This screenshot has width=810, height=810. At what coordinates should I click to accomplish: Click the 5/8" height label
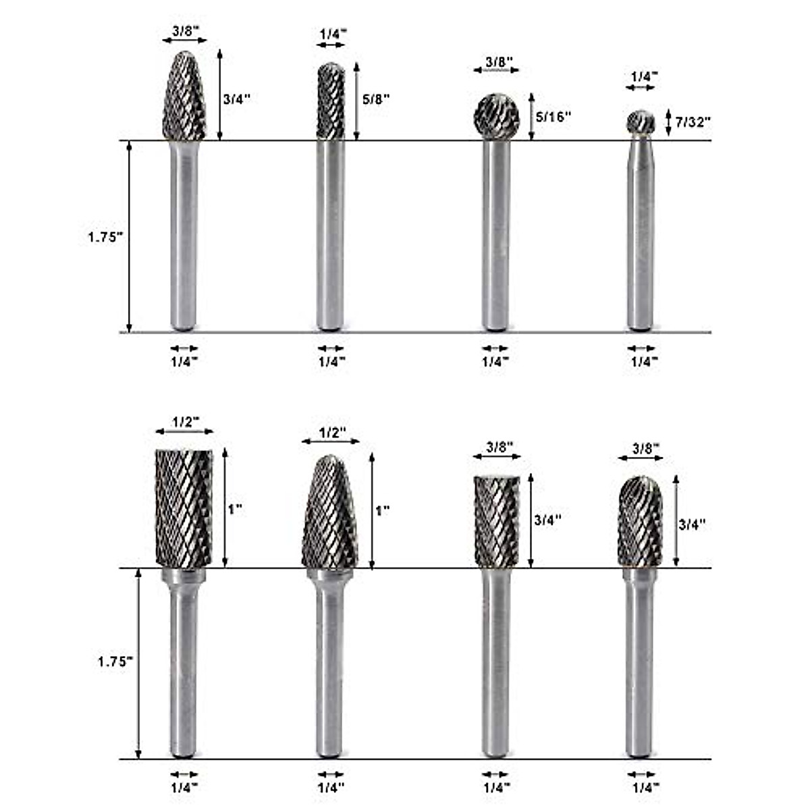click(376, 99)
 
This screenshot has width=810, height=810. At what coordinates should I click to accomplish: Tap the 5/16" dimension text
click(553, 116)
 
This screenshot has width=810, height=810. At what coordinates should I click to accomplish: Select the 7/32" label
click(693, 122)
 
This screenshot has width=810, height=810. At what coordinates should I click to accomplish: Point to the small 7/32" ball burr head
click(641, 122)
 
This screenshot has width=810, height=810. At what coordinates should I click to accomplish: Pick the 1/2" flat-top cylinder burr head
click(184, 508)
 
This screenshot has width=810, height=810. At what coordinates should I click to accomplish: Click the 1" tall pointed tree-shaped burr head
click(330, 512)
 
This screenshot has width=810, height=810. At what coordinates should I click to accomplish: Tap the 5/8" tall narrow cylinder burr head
click(331, 101)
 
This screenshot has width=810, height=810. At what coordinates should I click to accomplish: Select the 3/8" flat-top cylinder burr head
click(497, 522)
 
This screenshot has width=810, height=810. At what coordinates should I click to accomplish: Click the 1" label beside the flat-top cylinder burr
click(236, 510)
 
